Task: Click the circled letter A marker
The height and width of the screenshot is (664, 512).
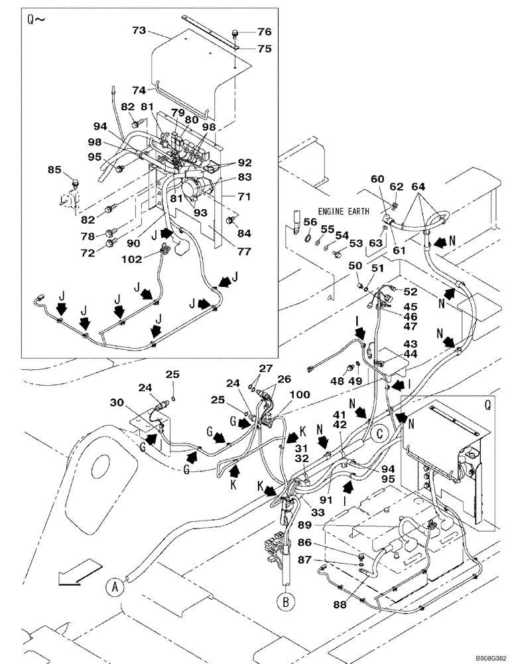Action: click(x=115, y=586)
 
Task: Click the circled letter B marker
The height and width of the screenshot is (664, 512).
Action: click(x=286, y=602)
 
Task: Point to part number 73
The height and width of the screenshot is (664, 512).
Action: click(x=139, y=30)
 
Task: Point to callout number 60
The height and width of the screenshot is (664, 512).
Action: click(x=377, y=179)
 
